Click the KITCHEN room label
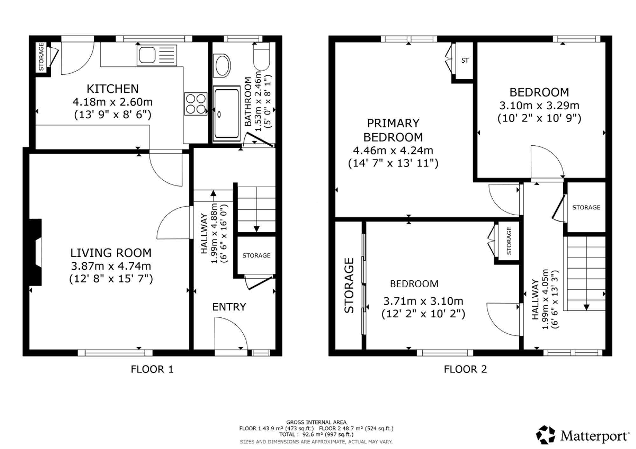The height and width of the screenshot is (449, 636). [113, 89]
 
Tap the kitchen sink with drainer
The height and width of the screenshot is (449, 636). [157, 55]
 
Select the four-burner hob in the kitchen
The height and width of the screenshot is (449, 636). [196, 104]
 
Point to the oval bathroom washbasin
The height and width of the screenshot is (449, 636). [223, 66]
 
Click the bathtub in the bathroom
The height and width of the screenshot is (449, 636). [227, 114]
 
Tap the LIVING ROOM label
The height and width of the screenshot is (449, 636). [111, 253]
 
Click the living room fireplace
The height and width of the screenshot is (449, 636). [36, 252]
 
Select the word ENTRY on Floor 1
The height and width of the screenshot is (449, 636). [229, 307]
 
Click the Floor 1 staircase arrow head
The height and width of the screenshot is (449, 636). [257, 229]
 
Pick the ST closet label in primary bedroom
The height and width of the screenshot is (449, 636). [465, 60]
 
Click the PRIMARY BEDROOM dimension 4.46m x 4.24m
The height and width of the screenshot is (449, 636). [393, 150]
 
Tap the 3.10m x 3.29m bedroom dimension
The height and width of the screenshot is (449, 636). [539, 105]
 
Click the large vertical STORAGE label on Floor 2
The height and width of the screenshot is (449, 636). [349, 285]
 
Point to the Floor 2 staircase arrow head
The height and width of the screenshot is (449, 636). [586, 307]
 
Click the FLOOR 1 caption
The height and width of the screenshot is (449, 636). [152, 369]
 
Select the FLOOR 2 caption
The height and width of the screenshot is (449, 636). [466, 369]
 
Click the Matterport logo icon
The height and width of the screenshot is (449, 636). [546, 435]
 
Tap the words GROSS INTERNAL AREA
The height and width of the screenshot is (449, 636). [316, 422]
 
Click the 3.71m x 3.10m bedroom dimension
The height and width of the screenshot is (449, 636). [423, 301]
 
